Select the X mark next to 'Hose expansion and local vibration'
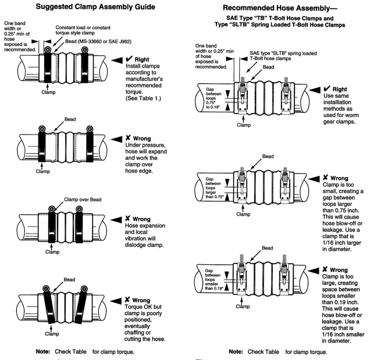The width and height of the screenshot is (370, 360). [127, 218]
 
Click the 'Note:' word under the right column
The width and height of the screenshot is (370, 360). [237, 351]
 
